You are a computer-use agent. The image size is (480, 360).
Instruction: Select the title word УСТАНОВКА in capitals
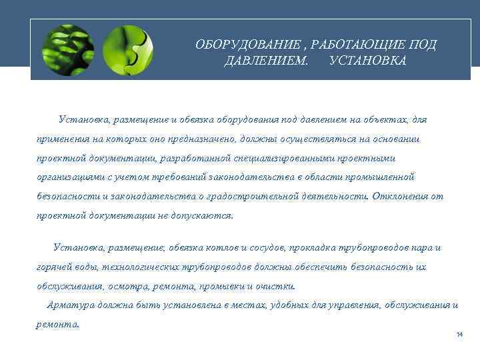point(367,61)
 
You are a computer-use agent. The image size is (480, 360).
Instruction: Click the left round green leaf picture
point(67,50)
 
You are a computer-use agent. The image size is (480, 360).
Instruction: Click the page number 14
point(459,334)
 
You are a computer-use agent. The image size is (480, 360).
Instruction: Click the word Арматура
point(69,305)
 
